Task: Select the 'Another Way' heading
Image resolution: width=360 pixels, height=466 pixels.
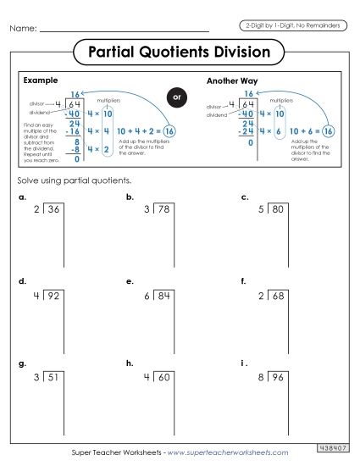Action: pyautogui.click(x=230, y=81)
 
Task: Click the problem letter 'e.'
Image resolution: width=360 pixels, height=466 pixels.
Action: pyautogui.click(x=130, y=280)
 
